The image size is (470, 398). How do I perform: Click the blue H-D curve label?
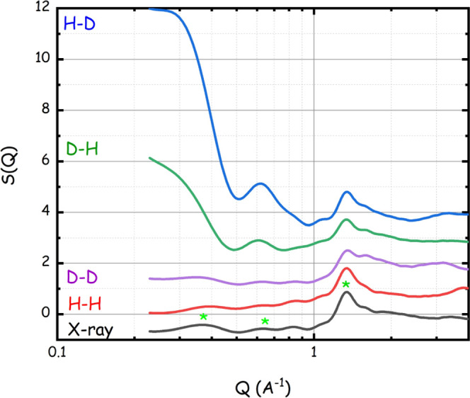click(79, 23)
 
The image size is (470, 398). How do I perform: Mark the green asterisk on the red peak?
click(346, 285)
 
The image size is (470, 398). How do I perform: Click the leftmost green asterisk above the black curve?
click(203, 317)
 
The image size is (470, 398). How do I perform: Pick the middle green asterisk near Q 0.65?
click(265, 322)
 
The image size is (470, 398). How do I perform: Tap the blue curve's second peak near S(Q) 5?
click(260, 184)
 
